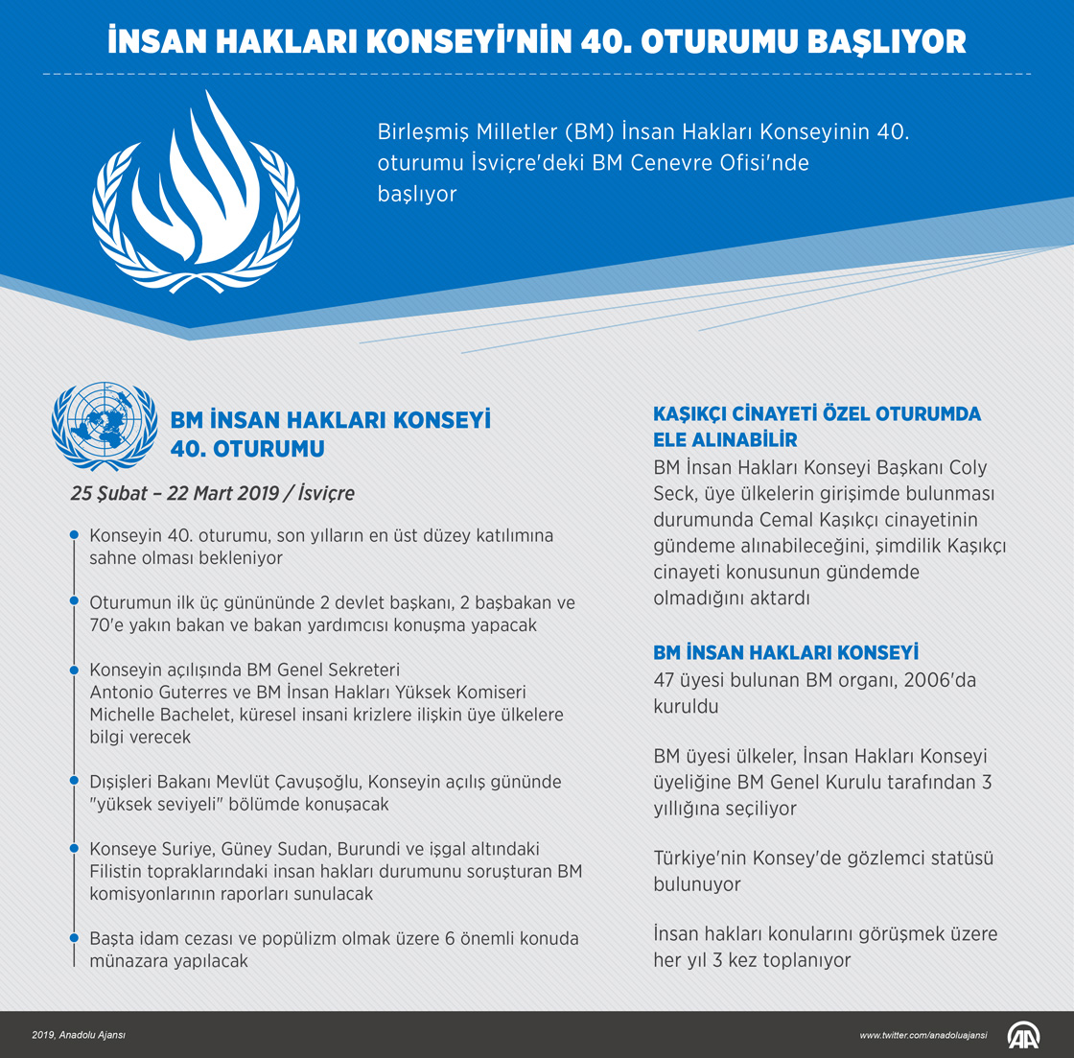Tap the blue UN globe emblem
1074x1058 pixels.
[104, 426]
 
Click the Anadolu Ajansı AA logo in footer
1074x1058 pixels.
[1024, 1035]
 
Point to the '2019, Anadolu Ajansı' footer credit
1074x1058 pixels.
[79, 1036]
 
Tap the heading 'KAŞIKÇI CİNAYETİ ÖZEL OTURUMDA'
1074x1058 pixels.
[817, 414]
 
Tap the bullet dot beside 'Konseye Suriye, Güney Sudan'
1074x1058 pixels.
[74, 849]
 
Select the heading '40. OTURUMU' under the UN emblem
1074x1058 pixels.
[247, 449]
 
